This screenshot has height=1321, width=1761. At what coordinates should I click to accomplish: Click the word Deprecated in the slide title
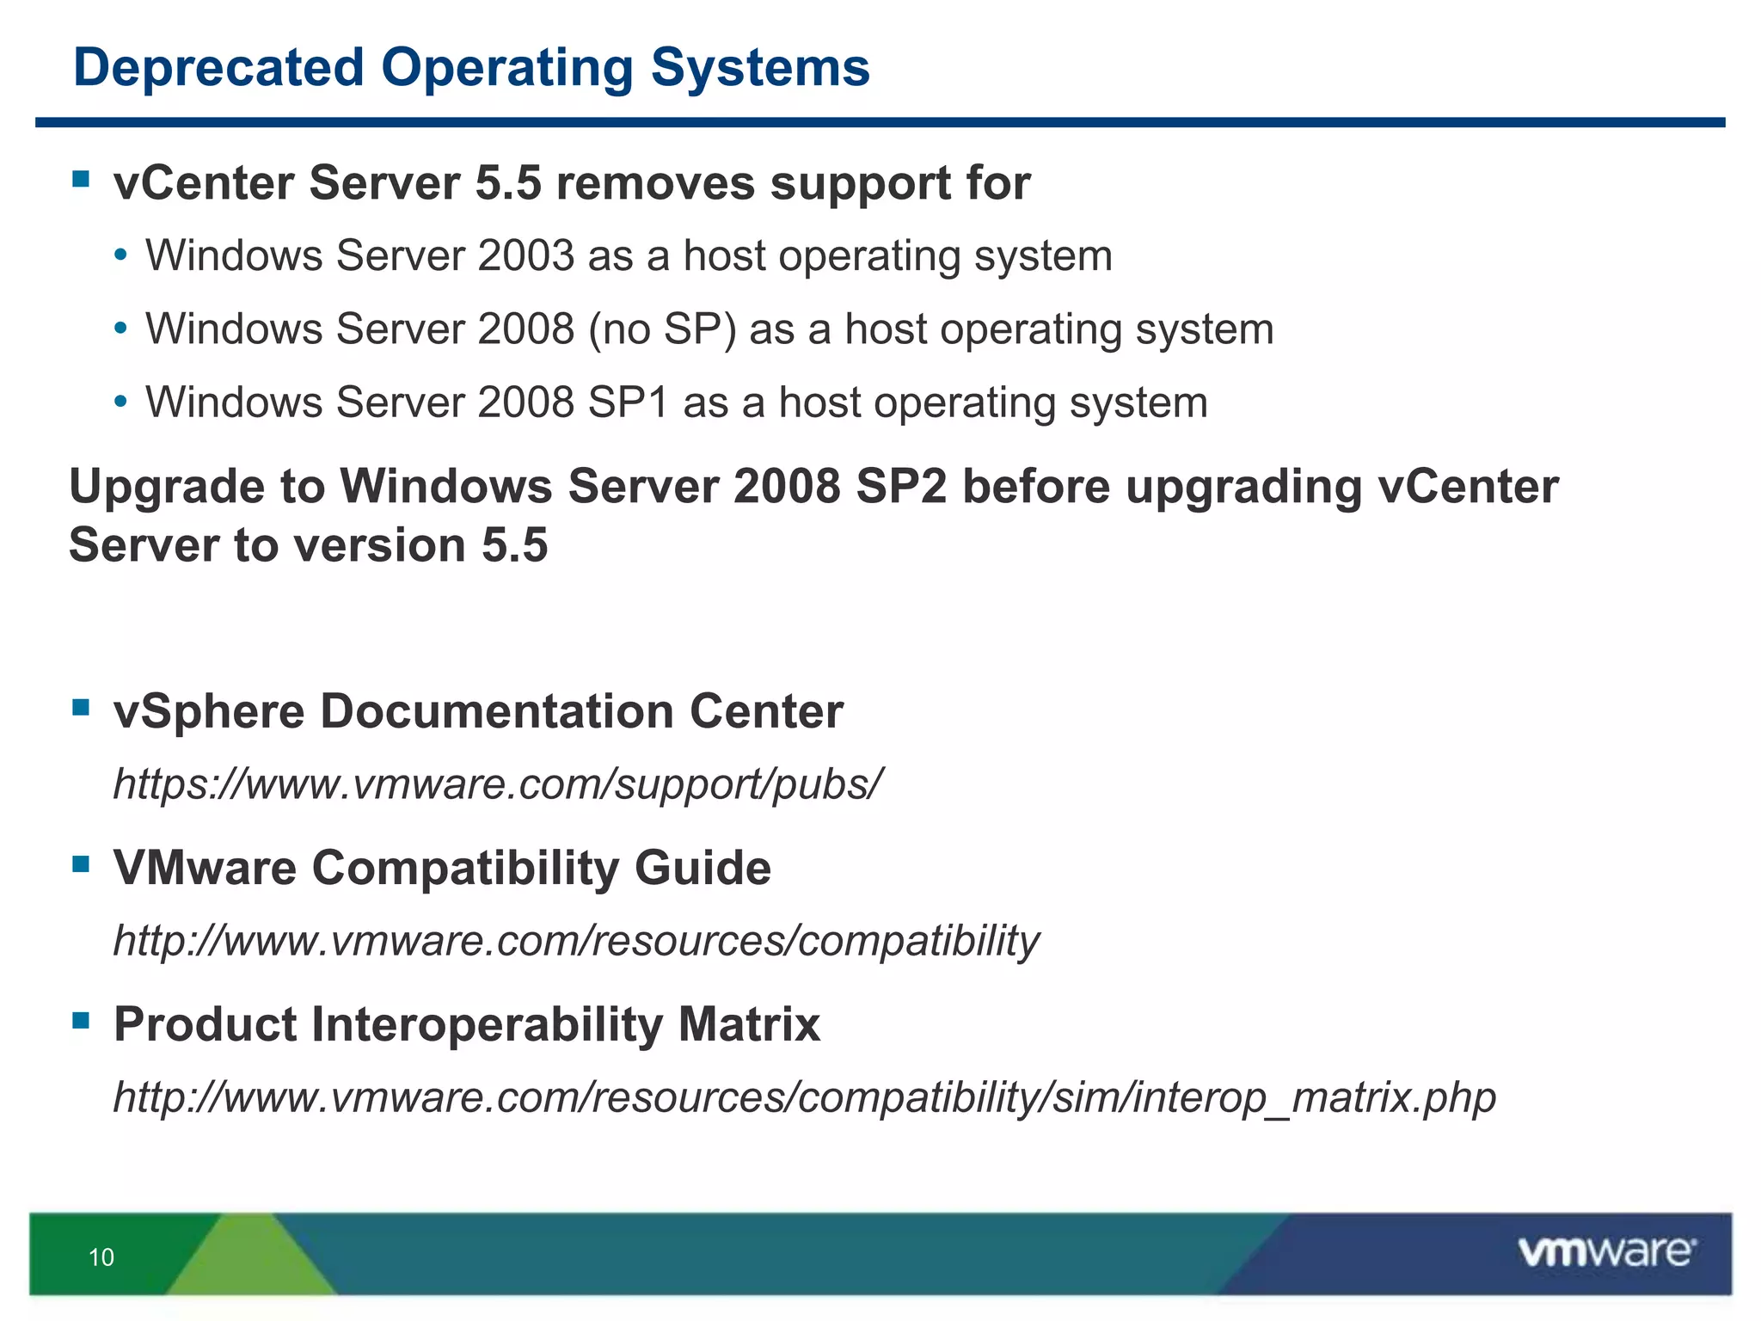click(x=218, y=69)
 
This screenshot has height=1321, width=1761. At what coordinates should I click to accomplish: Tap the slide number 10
click(x=101, y=1257)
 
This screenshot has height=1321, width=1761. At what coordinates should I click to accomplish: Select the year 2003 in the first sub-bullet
click(x=525, y=256)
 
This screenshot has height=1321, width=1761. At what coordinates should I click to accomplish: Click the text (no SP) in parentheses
click(x=662, y=330)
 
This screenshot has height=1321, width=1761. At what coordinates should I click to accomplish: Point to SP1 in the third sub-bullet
click(x=628, y=402)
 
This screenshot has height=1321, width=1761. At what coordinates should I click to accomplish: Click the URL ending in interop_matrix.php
click(x=804, y=1097)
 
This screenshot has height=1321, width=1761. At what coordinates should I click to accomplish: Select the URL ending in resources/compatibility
click(x=576, y=941)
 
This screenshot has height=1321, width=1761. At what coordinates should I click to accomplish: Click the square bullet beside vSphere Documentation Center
click(x=82, y=708)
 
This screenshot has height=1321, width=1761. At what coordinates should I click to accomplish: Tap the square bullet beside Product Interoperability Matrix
click(x=82, y=1021)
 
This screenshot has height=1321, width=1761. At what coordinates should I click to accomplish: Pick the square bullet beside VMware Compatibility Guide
click(x=82, y=864)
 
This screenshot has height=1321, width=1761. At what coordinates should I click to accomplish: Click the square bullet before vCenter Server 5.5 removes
click(x=82, y=180)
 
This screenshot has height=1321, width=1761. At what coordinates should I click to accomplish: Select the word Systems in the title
click(x=760, y=69)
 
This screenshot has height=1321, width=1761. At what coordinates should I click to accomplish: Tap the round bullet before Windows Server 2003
click(x=121, y=256)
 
